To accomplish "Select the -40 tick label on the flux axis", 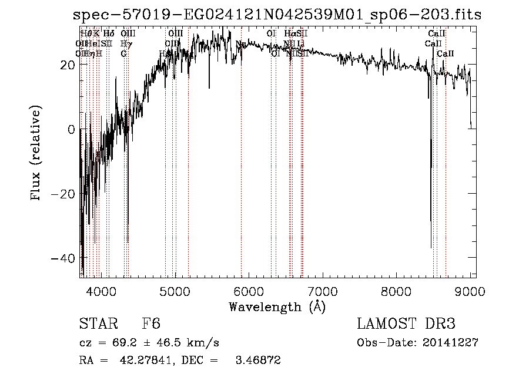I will tap(66, 258).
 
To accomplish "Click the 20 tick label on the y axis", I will tap(69, 65).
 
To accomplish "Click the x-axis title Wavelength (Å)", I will tap(277, 306).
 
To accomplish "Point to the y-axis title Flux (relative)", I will tap(37, 154).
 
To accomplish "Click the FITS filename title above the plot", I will tap(277, 15).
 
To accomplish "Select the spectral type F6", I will tap(151, 325).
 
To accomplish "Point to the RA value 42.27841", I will tap(139, 360).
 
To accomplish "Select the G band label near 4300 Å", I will tap(123, 53).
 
